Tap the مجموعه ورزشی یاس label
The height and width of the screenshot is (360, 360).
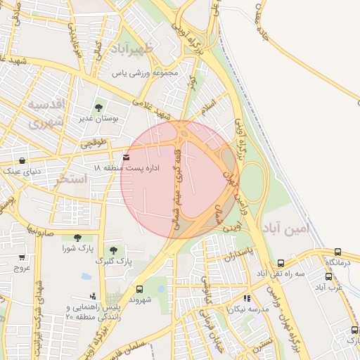148,72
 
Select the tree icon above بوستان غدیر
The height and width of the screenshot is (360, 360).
98,108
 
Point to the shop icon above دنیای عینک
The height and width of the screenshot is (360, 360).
22,160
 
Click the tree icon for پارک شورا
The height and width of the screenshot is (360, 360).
77,238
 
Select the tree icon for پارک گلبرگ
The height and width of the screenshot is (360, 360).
113,250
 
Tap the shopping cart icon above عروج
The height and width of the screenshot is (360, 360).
21,258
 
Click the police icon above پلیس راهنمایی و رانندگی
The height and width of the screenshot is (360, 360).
92,296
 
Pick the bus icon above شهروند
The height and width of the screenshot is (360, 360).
139,288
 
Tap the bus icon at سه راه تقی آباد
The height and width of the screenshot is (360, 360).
281,262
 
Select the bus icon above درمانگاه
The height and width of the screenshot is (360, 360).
338,252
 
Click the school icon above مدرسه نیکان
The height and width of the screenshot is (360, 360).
247,298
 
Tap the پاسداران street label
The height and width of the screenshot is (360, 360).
238,257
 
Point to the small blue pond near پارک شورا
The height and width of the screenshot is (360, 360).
85,276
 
